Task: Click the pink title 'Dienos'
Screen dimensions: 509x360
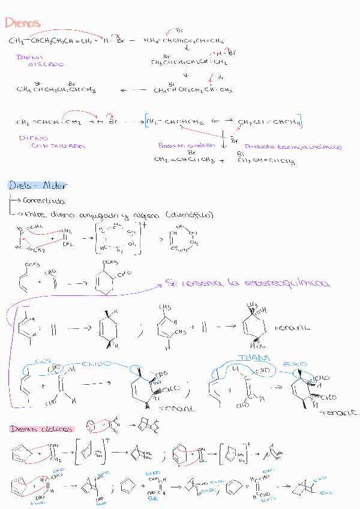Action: click(x=22, y=23)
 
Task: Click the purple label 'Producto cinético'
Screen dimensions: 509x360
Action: click(x=182, y=145)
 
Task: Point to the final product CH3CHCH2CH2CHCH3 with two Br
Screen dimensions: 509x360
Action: click(x=55, y=90)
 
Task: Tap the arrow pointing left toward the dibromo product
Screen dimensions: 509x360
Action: click(x=133, y=90)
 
